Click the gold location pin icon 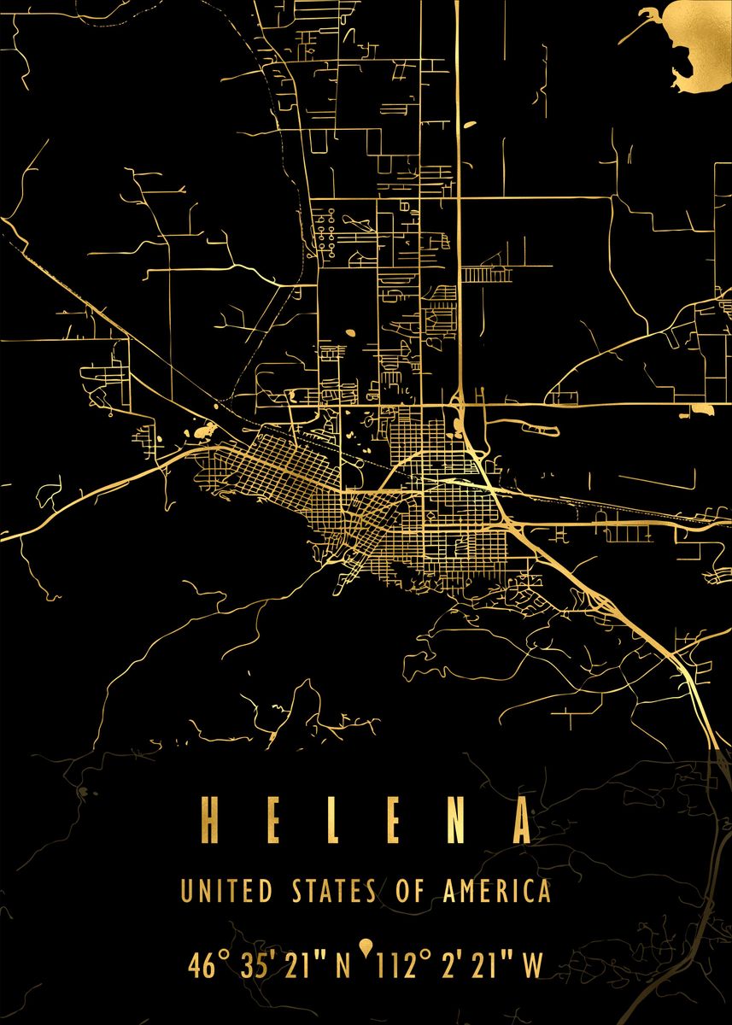[366, 946]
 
